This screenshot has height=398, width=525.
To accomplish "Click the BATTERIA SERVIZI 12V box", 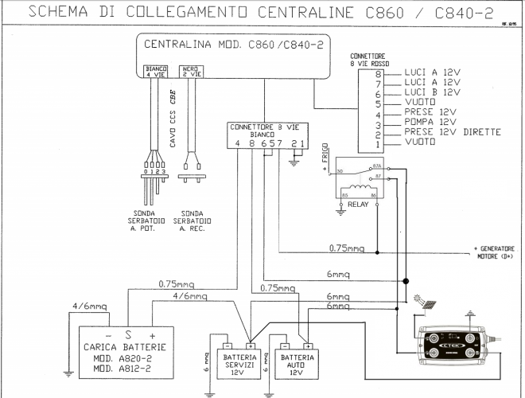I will click(x=236, y=363).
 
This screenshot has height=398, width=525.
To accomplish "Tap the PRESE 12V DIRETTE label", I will click(x=453, y=132).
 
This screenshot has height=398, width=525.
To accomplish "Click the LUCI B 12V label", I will click(x=432, y=92).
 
